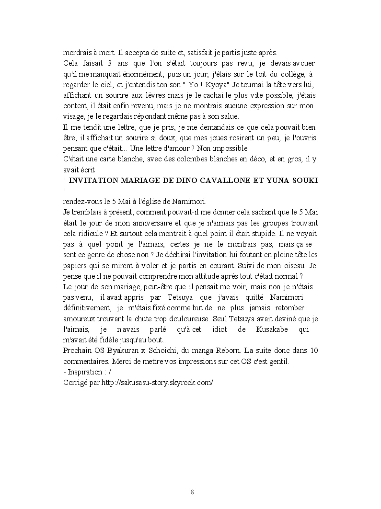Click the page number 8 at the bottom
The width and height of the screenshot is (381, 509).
pyautogui.click(x=192, y=492)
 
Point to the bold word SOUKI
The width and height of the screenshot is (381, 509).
pyautogui.click(x=306, y=180)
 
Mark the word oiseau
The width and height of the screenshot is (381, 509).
pyautogui.click(x=295, y=265)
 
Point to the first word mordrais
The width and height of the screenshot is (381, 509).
pyautogui.click(x=79, y=53)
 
